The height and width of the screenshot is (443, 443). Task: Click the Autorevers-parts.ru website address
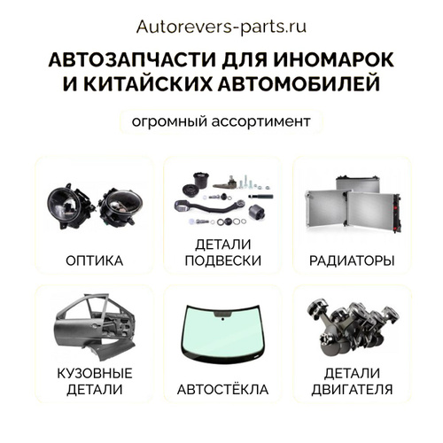point(221,27)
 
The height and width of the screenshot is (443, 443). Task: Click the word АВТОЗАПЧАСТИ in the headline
point(133,59)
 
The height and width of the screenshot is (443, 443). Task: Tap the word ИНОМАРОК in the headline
point(334,59)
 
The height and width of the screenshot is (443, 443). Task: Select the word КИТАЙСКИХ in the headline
point(148,83)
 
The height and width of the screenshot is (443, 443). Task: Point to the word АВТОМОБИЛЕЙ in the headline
point(299,84)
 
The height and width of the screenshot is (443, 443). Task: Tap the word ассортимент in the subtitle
point(260,122)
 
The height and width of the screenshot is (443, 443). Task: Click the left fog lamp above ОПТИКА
point(71,206)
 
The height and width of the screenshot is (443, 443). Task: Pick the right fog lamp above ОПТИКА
point(120,207)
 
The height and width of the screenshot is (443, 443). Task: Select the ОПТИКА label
point(95,260)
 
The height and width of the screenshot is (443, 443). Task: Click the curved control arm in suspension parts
point(209,206)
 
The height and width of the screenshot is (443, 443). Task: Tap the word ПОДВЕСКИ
point(223,260)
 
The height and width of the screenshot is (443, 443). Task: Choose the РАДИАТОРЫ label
point(352,260)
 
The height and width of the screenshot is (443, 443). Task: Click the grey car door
point(95,327)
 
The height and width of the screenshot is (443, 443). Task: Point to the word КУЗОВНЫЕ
point(95,374)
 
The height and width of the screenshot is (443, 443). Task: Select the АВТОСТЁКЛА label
point(222,389)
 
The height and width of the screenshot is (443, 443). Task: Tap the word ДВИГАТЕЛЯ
point(352,390)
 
